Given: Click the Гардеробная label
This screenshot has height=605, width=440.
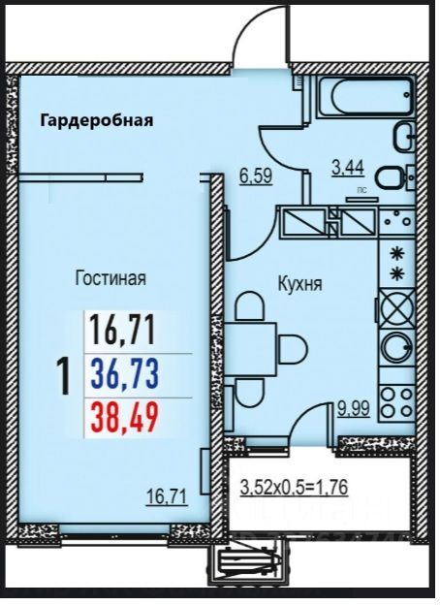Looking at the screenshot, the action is (x=96, y=120).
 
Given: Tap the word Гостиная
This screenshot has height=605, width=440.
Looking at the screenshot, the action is (x=110, y=278).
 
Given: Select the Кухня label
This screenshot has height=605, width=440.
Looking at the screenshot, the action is (x=299, y=285).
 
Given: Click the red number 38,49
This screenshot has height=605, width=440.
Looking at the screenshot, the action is (x=125, y=419).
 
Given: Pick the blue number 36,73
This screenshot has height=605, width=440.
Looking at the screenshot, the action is (x=125, y=374).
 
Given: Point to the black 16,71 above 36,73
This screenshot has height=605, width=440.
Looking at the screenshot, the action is (x=123, y=331).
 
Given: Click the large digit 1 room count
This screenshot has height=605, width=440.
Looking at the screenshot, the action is (x=64, y=376).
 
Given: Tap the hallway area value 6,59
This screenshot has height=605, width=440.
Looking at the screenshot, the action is (x=257, y=176).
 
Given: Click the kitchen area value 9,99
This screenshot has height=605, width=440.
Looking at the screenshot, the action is (x=353, y=409).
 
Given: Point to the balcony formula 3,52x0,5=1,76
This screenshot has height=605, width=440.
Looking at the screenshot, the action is (x=295, y=487).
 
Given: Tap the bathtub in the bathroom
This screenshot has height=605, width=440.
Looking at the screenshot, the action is (x=365, y=96).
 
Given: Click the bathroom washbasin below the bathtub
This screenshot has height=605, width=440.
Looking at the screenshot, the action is (x=404, y=137).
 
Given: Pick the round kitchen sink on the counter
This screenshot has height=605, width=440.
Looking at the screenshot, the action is (x=397, y=346).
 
